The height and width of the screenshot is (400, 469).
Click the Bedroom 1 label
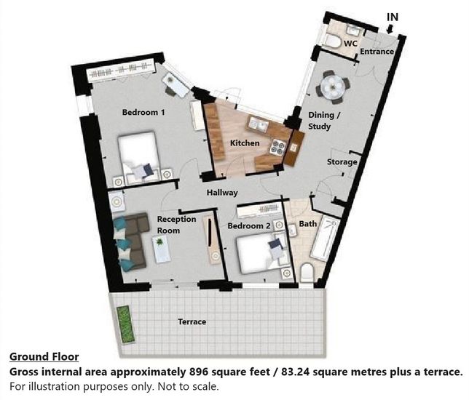coord(143,113)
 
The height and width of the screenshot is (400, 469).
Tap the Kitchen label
coord(245,143)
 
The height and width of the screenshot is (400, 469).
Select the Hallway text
coord(222,193)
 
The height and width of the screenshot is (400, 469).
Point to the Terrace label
coord(192,321)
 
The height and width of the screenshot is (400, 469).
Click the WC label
coord(350,44)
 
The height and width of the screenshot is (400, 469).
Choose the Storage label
coord(342,162)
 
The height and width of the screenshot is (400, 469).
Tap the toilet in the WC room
coord(334,41)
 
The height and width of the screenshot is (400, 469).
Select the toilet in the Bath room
coord(307,273)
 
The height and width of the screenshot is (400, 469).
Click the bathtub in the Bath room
coord(325,239)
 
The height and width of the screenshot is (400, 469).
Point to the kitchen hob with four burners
coord(277,147)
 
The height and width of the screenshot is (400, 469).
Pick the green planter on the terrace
coord(125,324)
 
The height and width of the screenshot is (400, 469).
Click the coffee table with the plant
coord(161,249)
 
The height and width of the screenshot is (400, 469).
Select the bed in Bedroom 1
coord(139,157)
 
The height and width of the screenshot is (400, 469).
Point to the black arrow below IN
coord(390,28)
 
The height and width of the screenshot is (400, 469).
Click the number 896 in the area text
coord(199,372)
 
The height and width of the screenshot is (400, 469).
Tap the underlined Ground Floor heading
coord(44,356)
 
